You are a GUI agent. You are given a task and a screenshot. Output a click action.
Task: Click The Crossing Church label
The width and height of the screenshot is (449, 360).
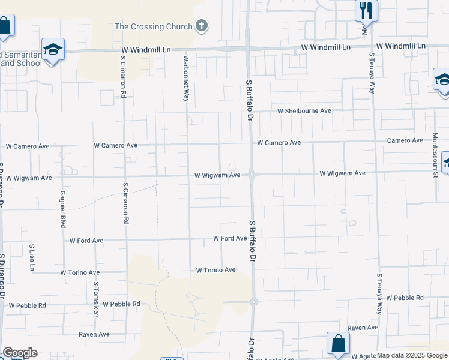pos(153,26)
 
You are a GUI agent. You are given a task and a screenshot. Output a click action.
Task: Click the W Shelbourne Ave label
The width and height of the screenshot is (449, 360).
pos(304,111)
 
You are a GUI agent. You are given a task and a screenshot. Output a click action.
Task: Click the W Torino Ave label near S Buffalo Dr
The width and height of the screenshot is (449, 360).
pos(215,270)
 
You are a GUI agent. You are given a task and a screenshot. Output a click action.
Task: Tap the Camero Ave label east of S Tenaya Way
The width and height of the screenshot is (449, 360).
pos(405,140)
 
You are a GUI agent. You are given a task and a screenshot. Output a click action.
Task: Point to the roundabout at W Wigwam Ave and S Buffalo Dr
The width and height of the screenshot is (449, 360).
pos(253,175)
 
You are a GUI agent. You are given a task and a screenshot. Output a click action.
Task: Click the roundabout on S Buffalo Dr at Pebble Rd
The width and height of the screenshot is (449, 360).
pos(254,302)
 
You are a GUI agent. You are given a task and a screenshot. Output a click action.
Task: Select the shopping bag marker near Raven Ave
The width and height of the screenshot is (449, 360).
pos(338,343)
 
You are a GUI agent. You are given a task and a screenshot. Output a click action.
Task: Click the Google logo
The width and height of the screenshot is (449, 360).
pos(20,353)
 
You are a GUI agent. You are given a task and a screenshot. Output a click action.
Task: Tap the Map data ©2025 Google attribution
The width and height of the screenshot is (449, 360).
pos(412,355)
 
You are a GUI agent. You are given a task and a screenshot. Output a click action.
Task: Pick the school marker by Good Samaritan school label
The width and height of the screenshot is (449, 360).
pos(53,49)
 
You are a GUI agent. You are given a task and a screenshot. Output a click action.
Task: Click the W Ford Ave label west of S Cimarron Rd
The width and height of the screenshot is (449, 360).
pos(86,241)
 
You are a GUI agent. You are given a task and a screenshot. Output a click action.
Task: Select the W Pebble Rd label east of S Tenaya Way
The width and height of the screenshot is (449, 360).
pos(405,298)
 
